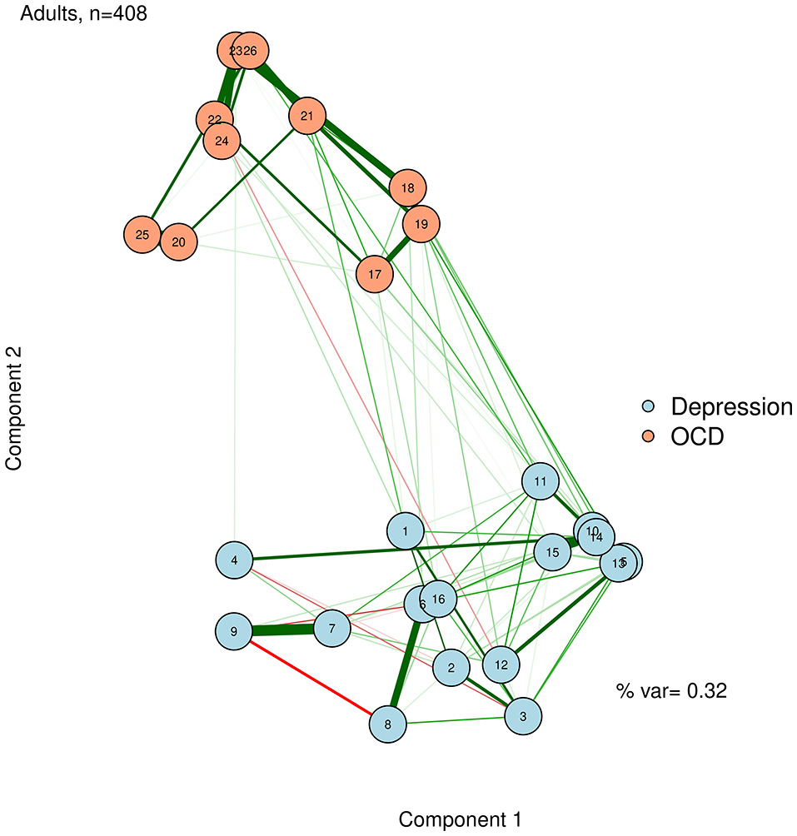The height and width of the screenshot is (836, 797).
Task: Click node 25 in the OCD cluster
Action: [x=142, y=235]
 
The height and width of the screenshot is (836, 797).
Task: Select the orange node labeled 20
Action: [x=178, y=242]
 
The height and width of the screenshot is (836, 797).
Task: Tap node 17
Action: [x=375, y=274]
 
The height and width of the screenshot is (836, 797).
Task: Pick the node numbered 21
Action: [x=307, y=116]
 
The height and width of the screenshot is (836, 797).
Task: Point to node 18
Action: [x=407, y=188]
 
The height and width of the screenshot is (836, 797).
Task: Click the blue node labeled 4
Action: [x=235, y=560]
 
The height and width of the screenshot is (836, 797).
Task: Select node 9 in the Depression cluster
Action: [x=234, y=632]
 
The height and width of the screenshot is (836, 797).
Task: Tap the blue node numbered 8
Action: [x=388, y=723]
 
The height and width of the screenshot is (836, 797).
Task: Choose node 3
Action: [x=523, y=715]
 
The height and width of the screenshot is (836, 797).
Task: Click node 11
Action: [x=540, y=481]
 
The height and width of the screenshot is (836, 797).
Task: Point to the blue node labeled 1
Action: [x=406, y=530]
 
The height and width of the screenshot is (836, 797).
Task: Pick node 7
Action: [x=332, y=628]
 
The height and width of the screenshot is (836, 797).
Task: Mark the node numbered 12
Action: [x=501, y=664]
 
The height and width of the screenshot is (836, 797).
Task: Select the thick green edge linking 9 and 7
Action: [x=283, y=630]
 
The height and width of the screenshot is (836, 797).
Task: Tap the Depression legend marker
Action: [x=650, y=407]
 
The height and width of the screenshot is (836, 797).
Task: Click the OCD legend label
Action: [x=698, y=435]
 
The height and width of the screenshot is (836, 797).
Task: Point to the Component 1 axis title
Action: [x=461, y=819]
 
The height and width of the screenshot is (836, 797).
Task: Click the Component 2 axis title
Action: [x=15, y=408]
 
